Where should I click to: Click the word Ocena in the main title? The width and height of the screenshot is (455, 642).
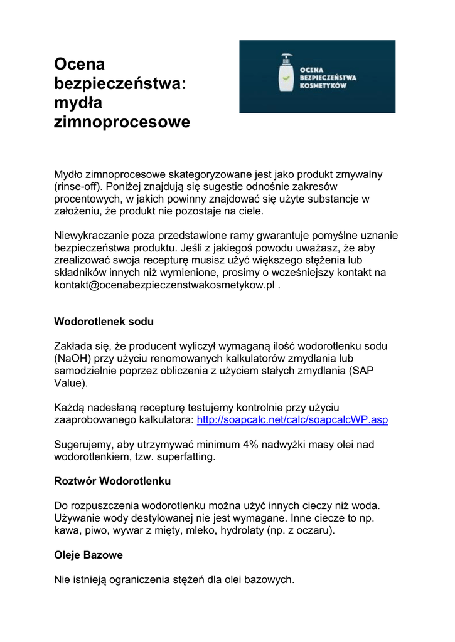(x=80, y=64)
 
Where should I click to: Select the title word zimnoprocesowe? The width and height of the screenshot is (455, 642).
(x=122, y=122)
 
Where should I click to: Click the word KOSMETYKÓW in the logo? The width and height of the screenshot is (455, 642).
(x=323, y=85)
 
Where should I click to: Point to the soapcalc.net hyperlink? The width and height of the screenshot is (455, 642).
(x=292, y=419)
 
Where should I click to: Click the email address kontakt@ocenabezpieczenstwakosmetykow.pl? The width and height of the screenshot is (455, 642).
(x=164, y=285)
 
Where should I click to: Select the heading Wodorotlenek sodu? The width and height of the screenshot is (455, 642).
(x=104, y=322)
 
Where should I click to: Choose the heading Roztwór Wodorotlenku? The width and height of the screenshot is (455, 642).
(x=112, y=481)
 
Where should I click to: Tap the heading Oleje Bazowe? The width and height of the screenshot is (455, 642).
(x=88, y=555)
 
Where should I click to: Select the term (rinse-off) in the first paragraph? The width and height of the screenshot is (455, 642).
(x=78, y=186)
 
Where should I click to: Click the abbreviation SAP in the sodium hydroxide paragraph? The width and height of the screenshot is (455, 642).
(x=360, y=371)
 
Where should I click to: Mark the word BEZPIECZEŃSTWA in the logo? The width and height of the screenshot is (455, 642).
(x=328, y=77)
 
